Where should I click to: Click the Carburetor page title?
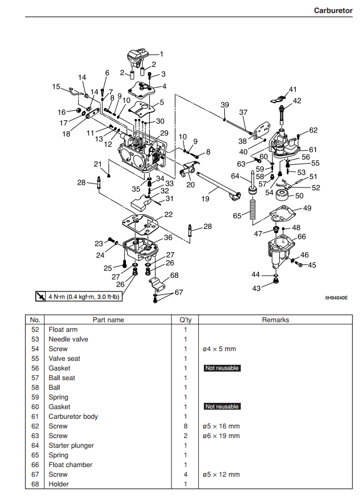click(333, 10)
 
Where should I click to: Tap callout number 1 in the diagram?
click(161, 55)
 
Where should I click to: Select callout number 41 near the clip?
click(293, 89)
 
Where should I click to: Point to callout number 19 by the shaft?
click(205, 199)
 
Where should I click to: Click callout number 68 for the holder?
click(174, 276)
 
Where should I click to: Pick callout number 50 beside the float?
click(299, 195)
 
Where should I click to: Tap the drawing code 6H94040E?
click(336, 297)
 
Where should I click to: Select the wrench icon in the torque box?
click(40, 296)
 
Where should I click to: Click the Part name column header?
click(108, 320)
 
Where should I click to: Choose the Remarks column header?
click(275, 320)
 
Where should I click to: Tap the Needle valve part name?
click(68, 339)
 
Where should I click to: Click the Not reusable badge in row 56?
click(221, 368)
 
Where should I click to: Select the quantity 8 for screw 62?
click(185, 426)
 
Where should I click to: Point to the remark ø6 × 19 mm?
click(221, 436)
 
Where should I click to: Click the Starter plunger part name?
click(72, 445)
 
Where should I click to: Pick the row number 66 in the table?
click(35, 465)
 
